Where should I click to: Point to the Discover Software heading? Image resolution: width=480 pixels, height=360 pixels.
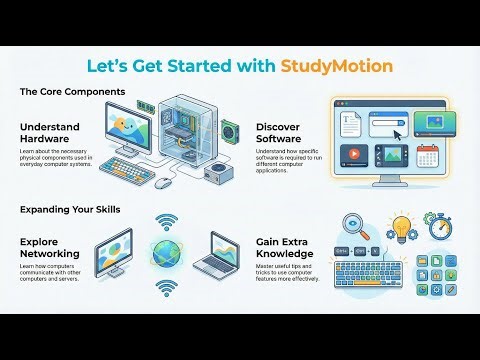[285, 133]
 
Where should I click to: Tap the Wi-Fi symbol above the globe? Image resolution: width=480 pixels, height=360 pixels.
[166, 222]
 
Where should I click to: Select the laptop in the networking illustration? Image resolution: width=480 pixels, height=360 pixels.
[226, 259]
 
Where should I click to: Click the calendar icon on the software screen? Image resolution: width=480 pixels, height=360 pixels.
[429, 156]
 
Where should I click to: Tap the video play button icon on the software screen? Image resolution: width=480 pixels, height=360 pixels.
[354, 156]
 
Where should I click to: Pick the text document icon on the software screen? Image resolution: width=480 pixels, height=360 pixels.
[349, 121]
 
